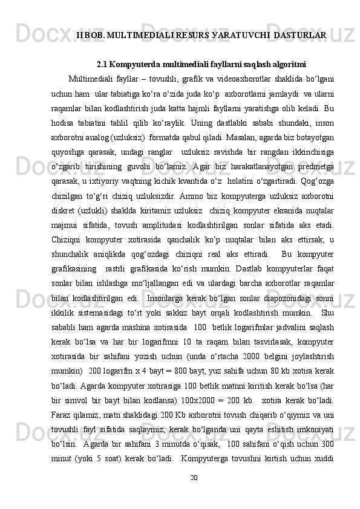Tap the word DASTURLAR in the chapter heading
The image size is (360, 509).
(x=300, y=36)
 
